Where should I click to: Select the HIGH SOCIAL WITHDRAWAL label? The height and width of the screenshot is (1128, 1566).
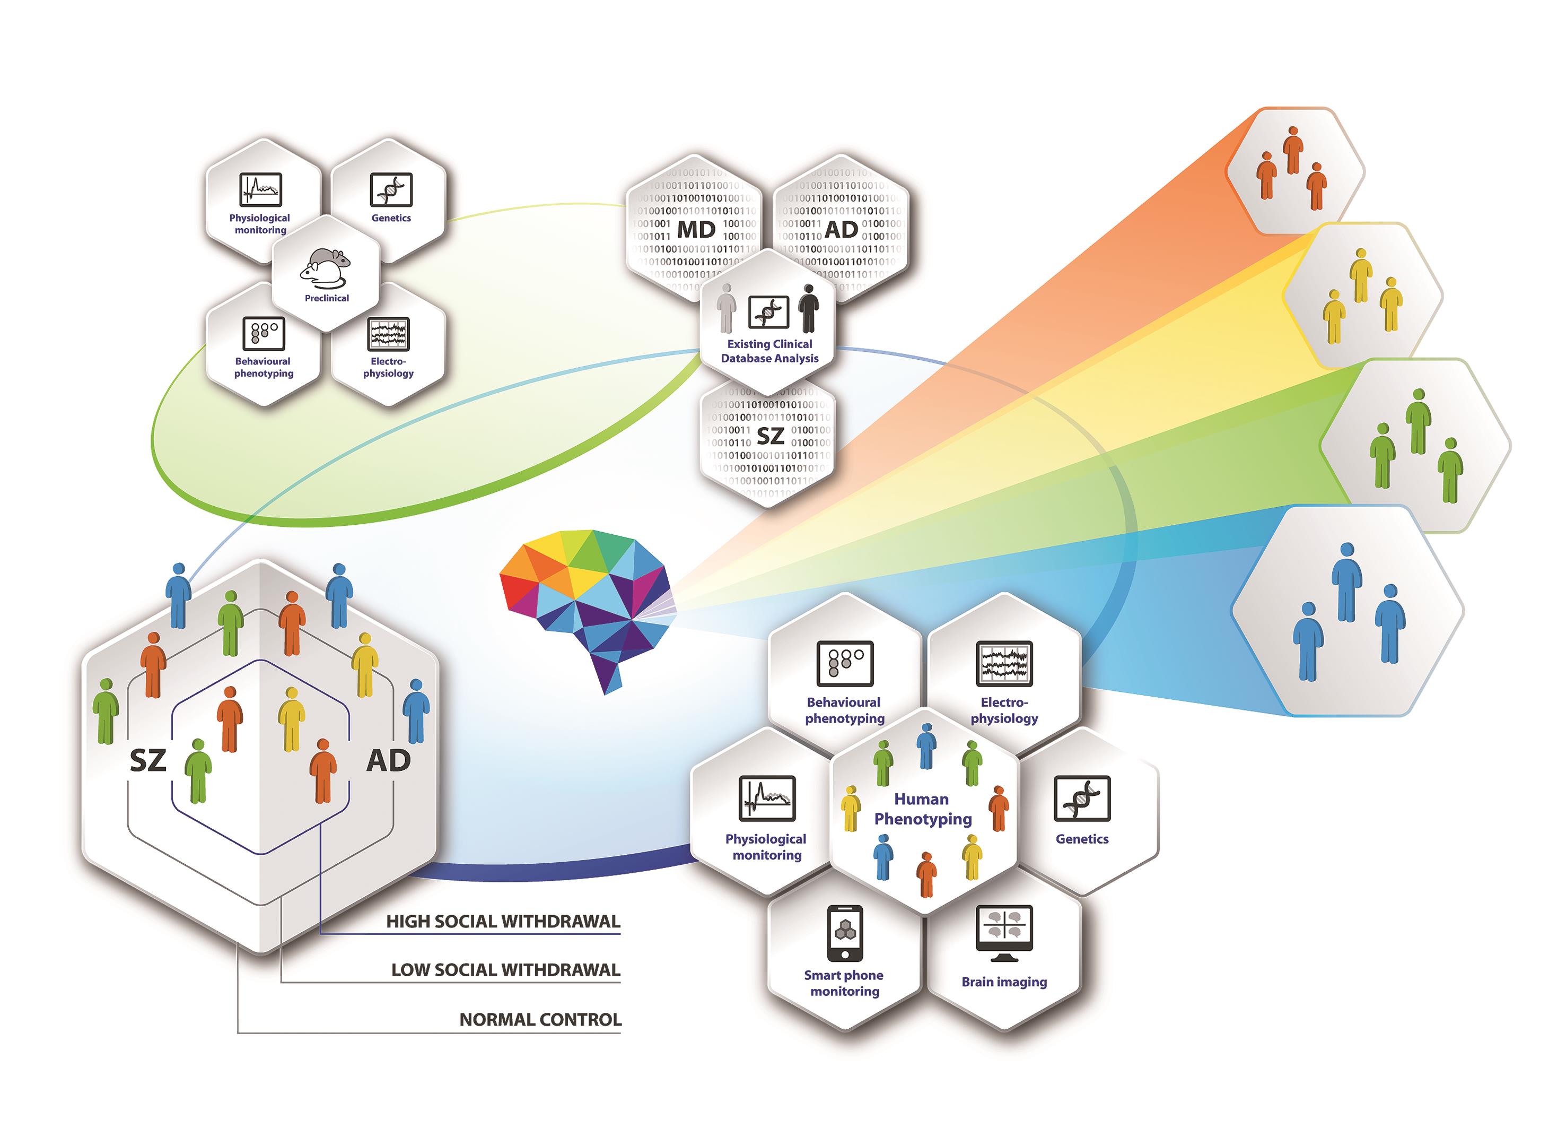pyautogui.click(x=503, y=922)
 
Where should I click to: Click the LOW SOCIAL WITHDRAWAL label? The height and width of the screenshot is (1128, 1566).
pyautogui.click(x=505, y=970)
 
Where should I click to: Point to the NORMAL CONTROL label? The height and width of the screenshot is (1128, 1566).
pyautogui.click(x=540, y=1020)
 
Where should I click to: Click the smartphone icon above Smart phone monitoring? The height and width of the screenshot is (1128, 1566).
pyautogui.click(x=844, y=933)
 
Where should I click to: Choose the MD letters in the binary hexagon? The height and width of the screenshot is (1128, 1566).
pyautogui.click(x=696, y=229)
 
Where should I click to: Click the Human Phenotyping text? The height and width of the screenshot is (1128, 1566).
pyautogui.click(x=923, y=809)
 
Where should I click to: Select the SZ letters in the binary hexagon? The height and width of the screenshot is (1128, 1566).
pyautogui.click(x=770, y=436)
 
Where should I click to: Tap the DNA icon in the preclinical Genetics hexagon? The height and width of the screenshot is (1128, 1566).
pyautogui.click(x=391, y=189)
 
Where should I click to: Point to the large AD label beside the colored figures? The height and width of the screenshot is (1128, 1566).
pyautogui.click(x=388, y=760)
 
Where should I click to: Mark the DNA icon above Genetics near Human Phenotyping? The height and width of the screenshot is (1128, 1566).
pyautogui.click(x=1081, y=799)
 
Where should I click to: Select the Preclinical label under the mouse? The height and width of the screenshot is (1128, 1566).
pyautogui.click(x=327, y=298)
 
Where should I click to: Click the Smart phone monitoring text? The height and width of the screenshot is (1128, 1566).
pyautogui.click(x=844, y=983)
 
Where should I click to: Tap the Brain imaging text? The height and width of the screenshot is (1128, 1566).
pyautogui.click(x=1004, y=982)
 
